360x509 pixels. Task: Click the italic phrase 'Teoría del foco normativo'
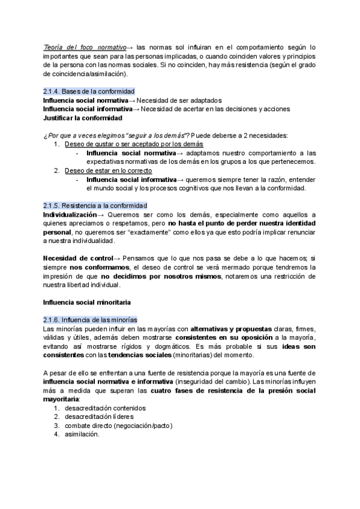point(85,46)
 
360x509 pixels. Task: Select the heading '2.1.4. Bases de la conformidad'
point(89,91)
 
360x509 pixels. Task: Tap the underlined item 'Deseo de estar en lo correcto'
point(109,170)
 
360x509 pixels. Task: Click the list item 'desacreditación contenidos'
point(106,408)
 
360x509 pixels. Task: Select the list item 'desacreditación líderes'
point(99,417)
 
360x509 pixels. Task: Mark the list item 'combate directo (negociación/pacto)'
point(119,426)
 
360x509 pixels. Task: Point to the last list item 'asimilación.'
point(82,435)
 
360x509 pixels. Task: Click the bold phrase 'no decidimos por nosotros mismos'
point(162,276)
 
